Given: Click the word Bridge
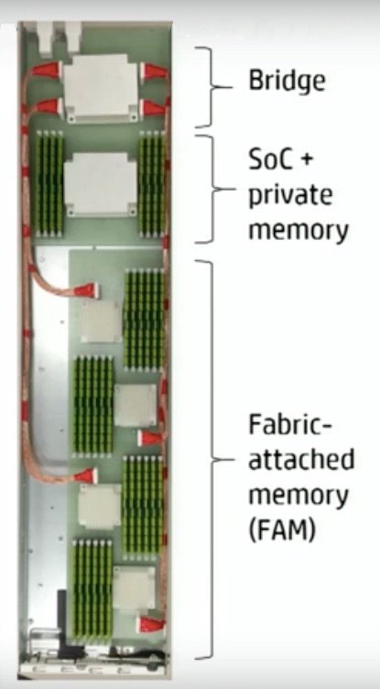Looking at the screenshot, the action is pyautogui.click(x=288, y=82).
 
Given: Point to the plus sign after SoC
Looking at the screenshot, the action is pyautogui.click(x=307, y=162).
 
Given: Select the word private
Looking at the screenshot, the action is pyautogui.click(x=290, y=196).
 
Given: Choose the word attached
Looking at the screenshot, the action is pyautogui.click(x=301, y=460).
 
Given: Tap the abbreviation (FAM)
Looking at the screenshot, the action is pyautogui.click(x=282, y=530).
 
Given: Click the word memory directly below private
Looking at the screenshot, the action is pyautogui.click(x=299, y=231).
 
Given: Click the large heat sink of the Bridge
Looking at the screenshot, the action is pyautogui.click(x=101, y=88).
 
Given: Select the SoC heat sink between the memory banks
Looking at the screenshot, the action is pyautogui.click(x=101, y=184).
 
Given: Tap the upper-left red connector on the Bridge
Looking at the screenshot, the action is pyautogui.click(x=47, y=71).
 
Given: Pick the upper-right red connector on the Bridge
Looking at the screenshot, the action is pyautogui.click(x=154, y=71).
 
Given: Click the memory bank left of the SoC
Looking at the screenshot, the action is pyautogui.click(x=49, y=183).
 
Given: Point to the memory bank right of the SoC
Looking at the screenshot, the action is pyautogui.click(x=152, y=183).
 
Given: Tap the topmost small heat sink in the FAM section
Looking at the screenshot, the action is pyautogui.click(x=101, y=323).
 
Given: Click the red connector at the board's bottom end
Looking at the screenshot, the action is pyautogui.click(x=151, y=624).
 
